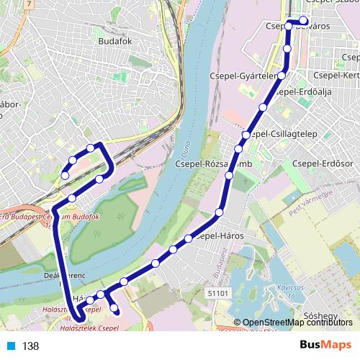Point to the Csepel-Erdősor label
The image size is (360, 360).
click(x=320, y=164)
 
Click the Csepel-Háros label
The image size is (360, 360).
click(x=220, y=236)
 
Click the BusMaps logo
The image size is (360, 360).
click(x=330, y=346)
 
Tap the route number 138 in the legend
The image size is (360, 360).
click(x=30, y=346)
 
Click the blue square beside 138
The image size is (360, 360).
click(x=12, y=346)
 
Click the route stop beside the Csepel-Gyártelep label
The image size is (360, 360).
click(x=282, y=75)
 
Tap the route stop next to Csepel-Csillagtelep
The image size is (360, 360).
click(x=246, y=135)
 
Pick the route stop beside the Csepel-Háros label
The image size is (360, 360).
click(x=189, y=238)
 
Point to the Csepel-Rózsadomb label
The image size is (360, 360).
click(x=205, y=164)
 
